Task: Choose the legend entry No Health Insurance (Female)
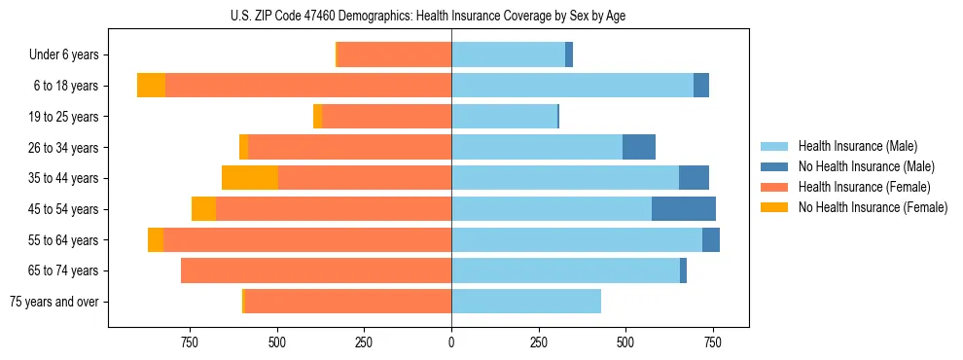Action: tap(872, 207)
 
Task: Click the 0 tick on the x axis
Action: tap(451, 342)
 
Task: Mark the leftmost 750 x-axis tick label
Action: tap(190, 342)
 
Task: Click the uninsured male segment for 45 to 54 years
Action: tap(684, 209)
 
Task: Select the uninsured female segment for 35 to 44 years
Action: tap(250, 178)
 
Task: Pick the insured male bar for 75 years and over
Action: tap(526, 302)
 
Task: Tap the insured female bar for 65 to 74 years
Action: tap(316, 270)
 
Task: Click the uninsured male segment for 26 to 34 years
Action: tap(639, 147)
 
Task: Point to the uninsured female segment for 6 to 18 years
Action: tap(151, 86)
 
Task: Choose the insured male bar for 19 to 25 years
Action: tap(504, 117)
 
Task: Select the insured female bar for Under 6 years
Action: tap(394, 55)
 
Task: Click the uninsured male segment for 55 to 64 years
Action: tap(711, 240)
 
